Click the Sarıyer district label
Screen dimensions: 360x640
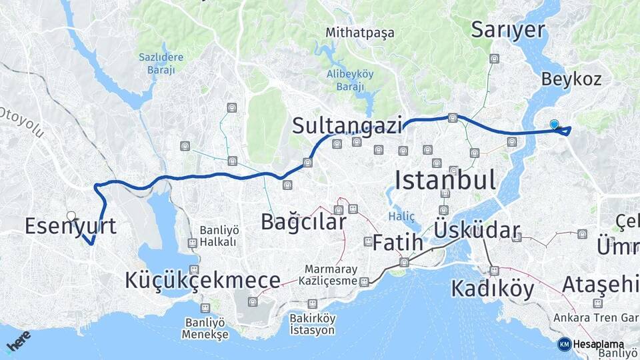pyautogui.click(x=508, y=29)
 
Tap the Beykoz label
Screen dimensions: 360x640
pyautogui.click(x=571, y=79)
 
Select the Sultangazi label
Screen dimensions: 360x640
pyautogui.click(x=347, y=125)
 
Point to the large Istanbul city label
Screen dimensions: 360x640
pyautogui.click(x=445, y=180)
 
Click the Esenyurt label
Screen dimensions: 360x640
pyautogui.click(x=70, y=226)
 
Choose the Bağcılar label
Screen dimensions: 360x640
pyautogui.click(x=303, y=221)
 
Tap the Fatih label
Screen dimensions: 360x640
pyautogui.click(x=397, y=243)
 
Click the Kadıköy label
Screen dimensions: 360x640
pyautogui.click(x=493, y=289)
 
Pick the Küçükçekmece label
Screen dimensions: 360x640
pyautogui.click(x=203, y=281)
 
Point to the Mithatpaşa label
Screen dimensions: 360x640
pyautogui.click(x=360, y=32)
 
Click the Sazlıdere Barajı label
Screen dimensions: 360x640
pyautogui.click(x=161, y=63)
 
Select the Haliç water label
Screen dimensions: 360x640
pyautogui.click(x=402, y=216)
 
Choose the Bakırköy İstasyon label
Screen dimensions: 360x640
pyautogui.click(x=313, y=324)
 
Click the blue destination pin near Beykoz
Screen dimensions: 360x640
pyautogui.click(x=554, y=124)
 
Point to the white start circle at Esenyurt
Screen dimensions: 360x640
pyautogui.click(x=71, y=215)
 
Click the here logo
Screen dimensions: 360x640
pyautogui.click(x=18, y=342)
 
